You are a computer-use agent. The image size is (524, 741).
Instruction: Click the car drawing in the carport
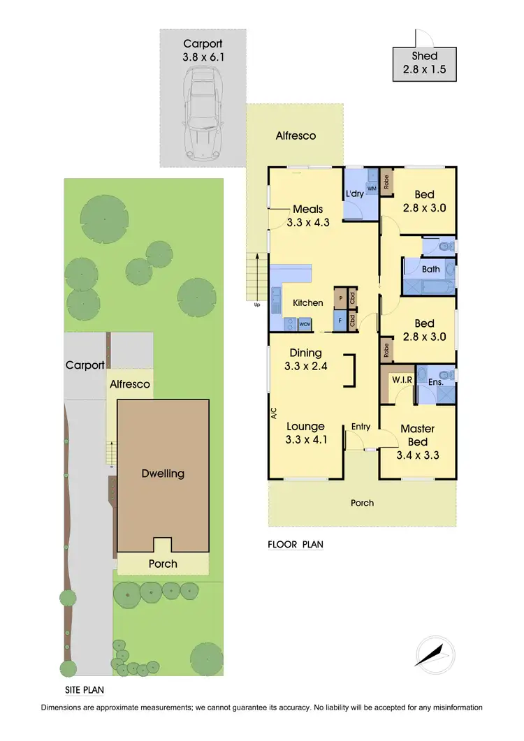point(202,119)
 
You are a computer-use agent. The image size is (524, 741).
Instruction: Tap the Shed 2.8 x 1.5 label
point(424,62)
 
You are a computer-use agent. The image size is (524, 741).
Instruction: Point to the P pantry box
point(340,298)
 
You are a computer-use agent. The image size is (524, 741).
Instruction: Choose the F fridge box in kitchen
point(340,321)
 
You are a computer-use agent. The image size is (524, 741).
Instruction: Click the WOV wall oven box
point(305,324)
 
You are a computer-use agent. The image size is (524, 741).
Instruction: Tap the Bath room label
point(430,269)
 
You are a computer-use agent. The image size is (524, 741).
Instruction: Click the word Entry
point(361,427)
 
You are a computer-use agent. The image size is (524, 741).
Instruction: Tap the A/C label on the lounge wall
point(273,413)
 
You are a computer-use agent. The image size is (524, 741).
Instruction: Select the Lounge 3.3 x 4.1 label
point(306,432)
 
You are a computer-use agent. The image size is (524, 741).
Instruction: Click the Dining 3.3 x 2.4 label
point(305,359)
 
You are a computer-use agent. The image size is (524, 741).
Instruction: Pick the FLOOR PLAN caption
point(296,544)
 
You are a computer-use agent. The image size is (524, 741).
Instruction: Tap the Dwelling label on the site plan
point(163,474)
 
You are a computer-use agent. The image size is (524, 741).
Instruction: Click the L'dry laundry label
point(354,194)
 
